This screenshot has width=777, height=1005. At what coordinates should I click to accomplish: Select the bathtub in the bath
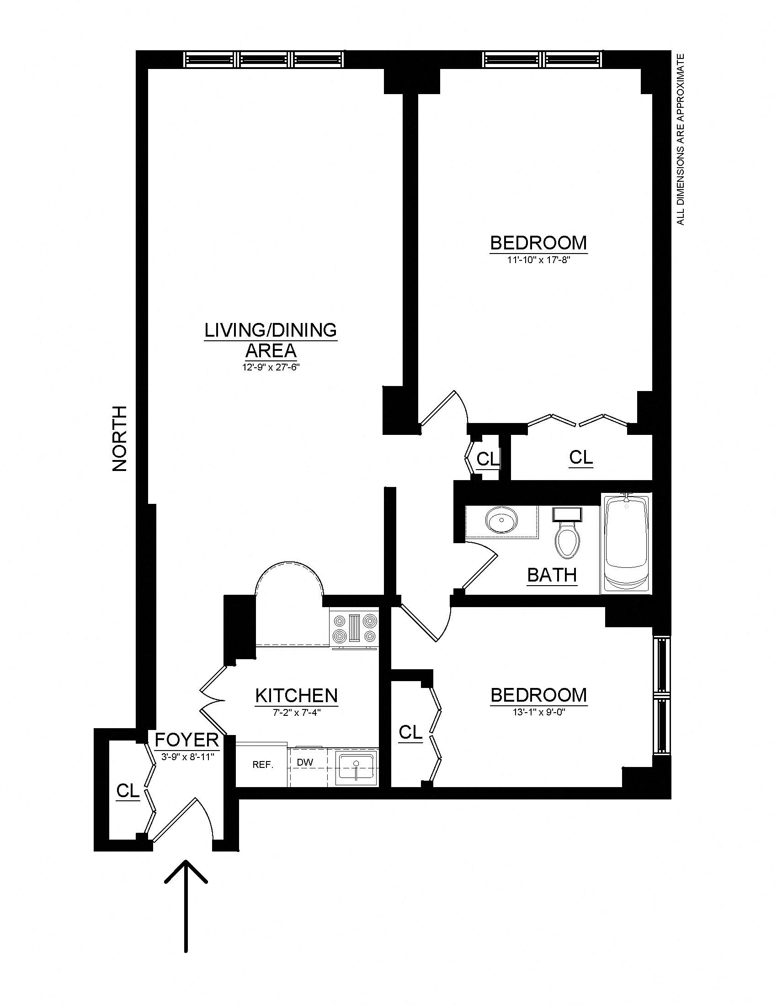(x=626, y=544)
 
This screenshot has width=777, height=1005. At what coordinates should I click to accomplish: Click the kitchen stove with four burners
(x=354, y=629)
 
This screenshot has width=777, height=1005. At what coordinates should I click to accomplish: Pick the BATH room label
(x=552, y=575)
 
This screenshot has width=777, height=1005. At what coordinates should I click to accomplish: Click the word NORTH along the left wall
(x=120, y=438)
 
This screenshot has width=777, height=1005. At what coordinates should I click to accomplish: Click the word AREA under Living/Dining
(x=271, y=351)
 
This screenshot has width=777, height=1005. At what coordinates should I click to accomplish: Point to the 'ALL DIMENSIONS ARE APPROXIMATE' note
(x=681, y=139)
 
